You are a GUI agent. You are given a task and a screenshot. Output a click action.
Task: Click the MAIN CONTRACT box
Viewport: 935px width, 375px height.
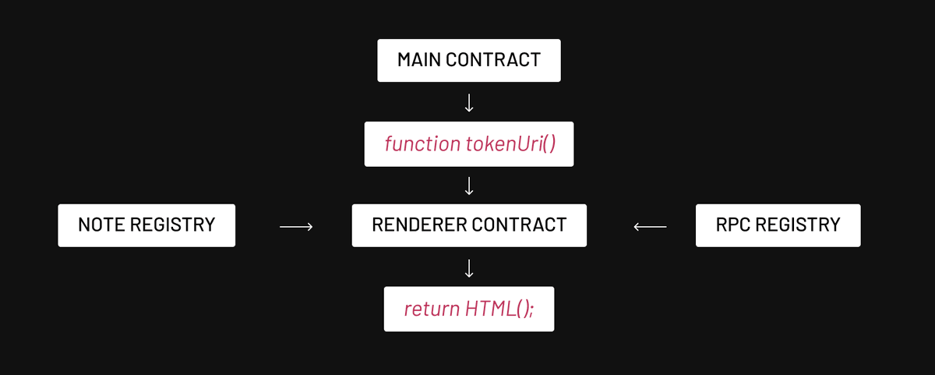469,60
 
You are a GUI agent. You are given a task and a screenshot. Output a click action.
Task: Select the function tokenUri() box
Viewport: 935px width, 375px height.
469,144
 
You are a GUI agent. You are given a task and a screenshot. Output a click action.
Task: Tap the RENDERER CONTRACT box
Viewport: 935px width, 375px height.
469,225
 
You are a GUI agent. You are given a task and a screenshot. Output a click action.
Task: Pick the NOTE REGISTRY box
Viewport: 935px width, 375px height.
146,225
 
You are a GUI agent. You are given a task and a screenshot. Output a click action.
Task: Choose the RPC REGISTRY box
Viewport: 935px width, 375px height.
778,225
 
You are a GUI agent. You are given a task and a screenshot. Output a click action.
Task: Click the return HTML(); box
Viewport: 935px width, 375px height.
469,309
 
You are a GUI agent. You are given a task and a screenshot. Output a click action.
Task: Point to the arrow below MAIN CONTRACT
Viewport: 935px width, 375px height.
469,103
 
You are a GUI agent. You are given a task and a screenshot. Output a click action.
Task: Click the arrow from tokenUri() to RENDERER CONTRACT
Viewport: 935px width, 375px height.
469,186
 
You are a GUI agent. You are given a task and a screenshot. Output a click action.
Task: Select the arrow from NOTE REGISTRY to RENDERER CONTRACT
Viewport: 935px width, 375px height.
296,227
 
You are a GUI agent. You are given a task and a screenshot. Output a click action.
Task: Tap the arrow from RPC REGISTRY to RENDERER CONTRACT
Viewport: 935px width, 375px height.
650,227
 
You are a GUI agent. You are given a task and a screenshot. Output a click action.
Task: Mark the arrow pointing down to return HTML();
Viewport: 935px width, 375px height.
469,268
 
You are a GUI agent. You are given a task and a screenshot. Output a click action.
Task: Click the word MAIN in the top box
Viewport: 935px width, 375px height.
418,60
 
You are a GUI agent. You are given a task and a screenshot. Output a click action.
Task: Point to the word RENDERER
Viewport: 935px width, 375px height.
419,225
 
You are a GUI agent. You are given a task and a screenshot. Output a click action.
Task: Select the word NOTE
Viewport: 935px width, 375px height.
101,225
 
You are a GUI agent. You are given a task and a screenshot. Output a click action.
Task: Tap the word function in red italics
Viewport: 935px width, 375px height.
422,143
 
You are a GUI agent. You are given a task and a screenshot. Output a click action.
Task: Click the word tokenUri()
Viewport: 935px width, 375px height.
511,143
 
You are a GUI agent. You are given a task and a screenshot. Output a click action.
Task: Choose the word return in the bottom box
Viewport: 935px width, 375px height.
432,309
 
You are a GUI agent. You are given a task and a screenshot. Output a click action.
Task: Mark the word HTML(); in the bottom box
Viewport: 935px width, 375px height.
499,309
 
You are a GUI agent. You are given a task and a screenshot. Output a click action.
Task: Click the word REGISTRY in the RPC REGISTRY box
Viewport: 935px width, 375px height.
798,225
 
